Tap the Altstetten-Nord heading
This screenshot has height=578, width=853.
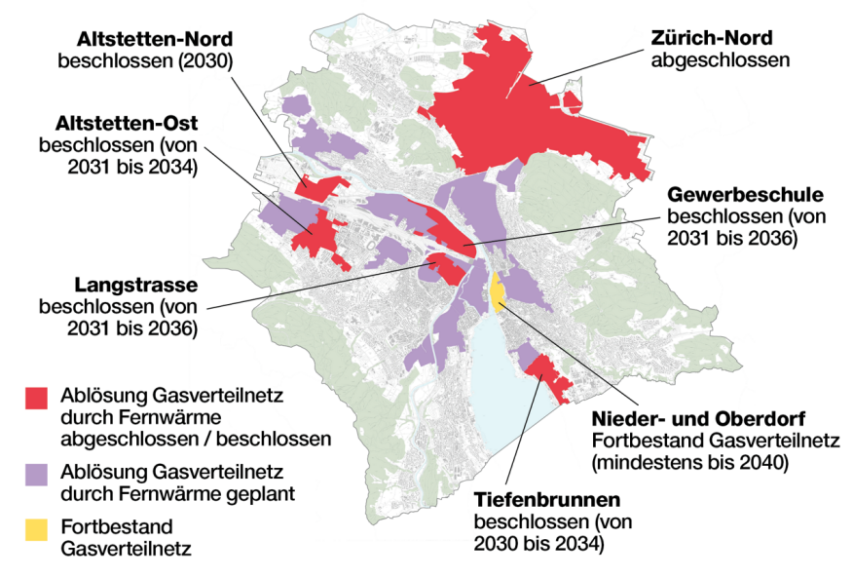[x=155, y=40]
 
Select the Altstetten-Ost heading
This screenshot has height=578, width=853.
[x=128, y=124]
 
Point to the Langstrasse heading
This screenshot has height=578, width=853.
[x=136, y=286]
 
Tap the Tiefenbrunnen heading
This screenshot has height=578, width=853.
[x=547, y=500]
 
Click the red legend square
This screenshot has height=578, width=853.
[x=36, y=397]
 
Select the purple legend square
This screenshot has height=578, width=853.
[x=36, y=473]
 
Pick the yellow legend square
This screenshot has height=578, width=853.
[x=36, y=529]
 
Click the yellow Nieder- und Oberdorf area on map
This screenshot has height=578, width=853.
[x=496, y=289]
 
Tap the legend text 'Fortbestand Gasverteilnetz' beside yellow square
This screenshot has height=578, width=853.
[x=126, y=537]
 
